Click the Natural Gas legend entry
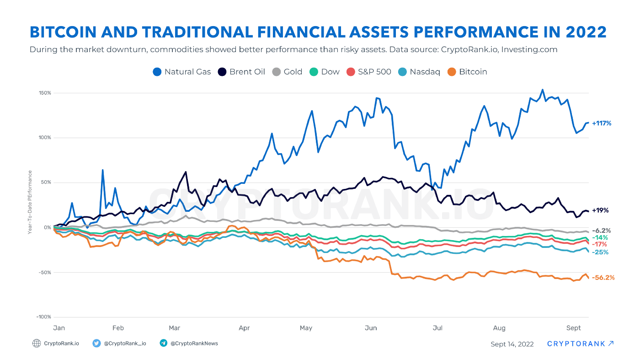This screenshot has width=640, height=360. click(181, 72)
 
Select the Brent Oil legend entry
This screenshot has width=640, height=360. click(241, 72)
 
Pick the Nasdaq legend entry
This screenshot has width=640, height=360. click(419, 72)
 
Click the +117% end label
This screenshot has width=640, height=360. click(601, 123)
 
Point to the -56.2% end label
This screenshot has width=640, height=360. click(603, 278)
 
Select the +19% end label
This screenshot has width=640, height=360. click(600, 210)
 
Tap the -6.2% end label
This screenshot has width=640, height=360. click(601, 231)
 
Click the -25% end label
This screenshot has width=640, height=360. click(600, 252)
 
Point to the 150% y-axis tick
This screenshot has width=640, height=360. click(45, 93)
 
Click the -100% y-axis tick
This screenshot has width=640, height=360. click(44, 317)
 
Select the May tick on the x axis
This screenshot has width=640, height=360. click(306, 328)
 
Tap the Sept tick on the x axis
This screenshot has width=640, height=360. click(573, 328)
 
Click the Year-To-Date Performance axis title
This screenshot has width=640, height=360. click(30, 202)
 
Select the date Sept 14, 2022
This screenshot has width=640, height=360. click(512, 344)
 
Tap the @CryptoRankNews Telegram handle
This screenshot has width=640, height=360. click(194, 343)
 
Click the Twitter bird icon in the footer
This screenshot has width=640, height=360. click(96, 343)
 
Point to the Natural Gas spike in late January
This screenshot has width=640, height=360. click(102, 170)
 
